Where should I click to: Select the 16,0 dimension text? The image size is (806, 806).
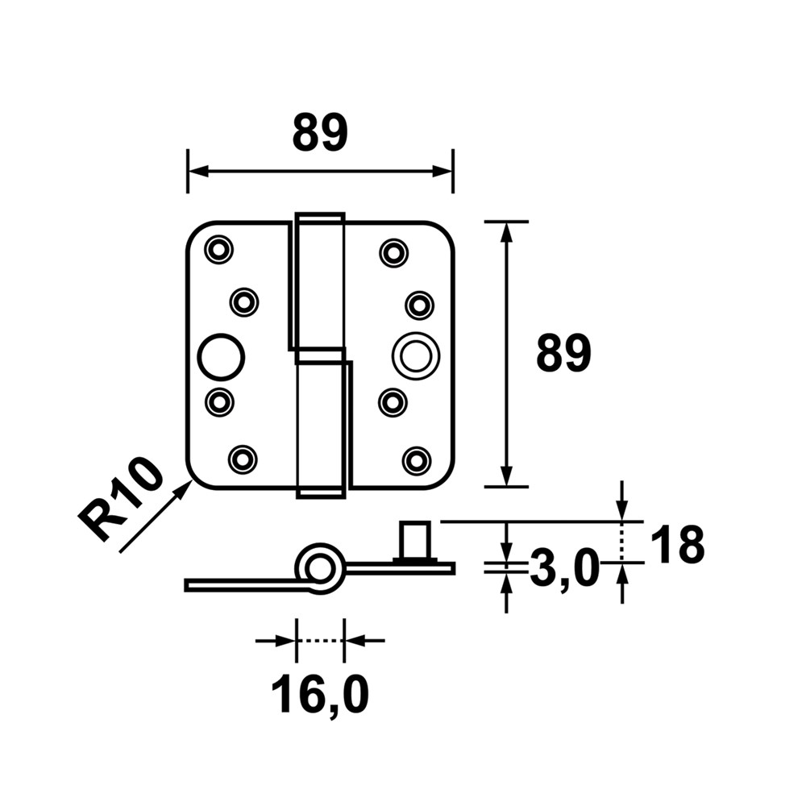[x=320, y=695]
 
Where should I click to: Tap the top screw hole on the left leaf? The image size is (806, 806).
[x=218, y=250]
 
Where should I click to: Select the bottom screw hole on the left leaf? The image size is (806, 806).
[x=242, y=459]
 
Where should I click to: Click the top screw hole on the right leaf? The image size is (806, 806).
[x=393, y=252]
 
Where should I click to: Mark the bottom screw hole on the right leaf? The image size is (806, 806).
[x=416, y=460]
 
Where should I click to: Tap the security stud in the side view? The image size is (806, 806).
[x=417, y=541]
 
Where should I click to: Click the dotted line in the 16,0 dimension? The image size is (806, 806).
[x=320, y=641]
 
